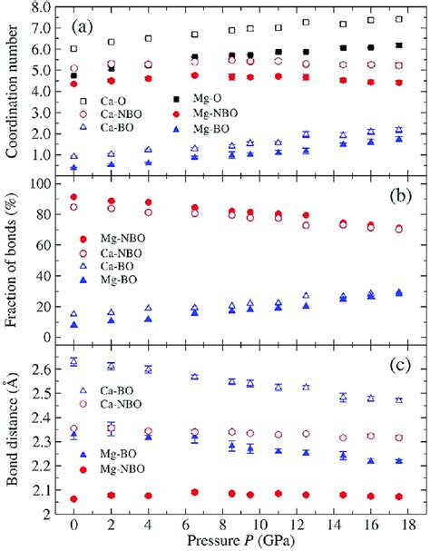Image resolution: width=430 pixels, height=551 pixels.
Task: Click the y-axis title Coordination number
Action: click(12, 91)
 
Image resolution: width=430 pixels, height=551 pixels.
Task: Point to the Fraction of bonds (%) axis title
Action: click(12, 261)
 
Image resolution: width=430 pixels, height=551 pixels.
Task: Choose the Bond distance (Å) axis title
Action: click(12, 430)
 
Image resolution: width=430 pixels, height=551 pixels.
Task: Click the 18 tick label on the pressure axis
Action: click(409, 526)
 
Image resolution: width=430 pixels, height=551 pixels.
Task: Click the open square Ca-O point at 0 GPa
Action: click(73, 48)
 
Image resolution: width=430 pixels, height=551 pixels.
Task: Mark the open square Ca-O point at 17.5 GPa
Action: click(399, 19)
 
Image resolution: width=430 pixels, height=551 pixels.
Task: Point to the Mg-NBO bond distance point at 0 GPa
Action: click(73, 498)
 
